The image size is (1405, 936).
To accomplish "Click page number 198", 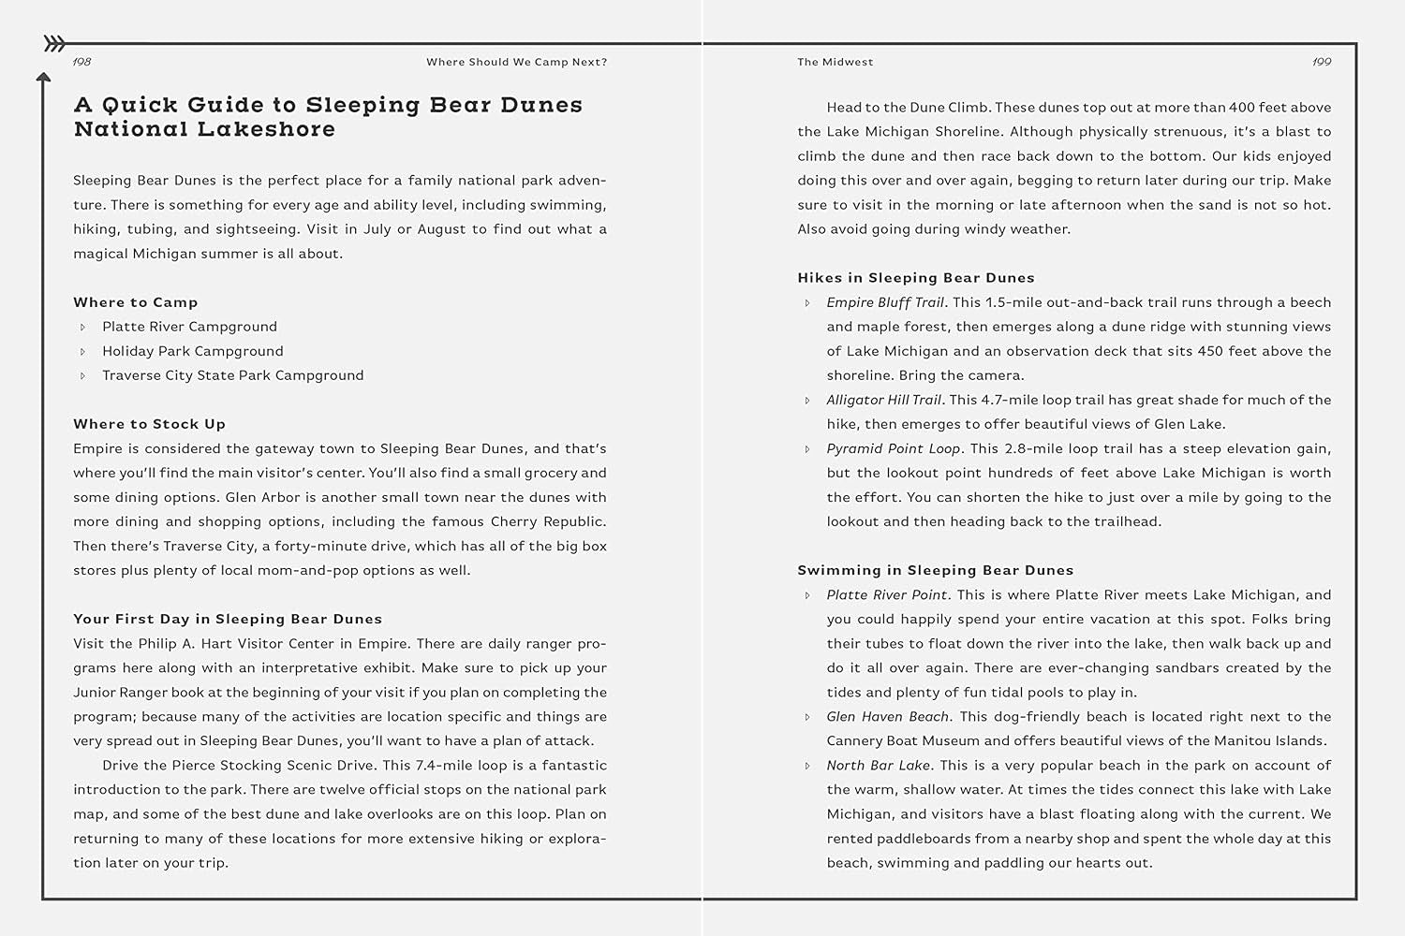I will [x=82, y=62].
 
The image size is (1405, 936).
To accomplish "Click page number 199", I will [x=1322, y=62].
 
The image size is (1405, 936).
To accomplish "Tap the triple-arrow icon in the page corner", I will [x=55, y=43].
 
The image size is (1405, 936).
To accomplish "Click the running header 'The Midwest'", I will [x=835, y=62].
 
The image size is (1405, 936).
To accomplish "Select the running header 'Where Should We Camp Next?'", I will [x=516, y=62].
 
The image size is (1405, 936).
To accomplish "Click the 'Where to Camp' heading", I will [x=136, y=302].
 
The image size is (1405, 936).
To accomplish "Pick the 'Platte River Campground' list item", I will [x=189, y=327].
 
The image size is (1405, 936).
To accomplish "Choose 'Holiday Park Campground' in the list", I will [x=192, y=351].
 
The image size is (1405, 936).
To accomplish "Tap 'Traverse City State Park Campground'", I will [x=232, y=375].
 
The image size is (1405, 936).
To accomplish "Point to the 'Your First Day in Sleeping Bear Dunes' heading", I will [x=228, y=619].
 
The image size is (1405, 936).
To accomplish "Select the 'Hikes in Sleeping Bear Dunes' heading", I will [x=915, y=278].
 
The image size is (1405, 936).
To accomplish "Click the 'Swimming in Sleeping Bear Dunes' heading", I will [x=935, y=570].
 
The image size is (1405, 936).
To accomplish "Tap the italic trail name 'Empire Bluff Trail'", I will [x=885, y=302].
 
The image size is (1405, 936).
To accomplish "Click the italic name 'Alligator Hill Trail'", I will [x=883, y=400].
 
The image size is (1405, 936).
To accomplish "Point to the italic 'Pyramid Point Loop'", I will [x=894, y=448].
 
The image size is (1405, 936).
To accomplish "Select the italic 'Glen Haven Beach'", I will [x=887, y=716].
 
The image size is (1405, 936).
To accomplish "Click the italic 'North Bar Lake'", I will [x=879, y=765].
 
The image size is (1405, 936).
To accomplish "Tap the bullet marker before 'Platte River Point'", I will [x=807, y=595].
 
